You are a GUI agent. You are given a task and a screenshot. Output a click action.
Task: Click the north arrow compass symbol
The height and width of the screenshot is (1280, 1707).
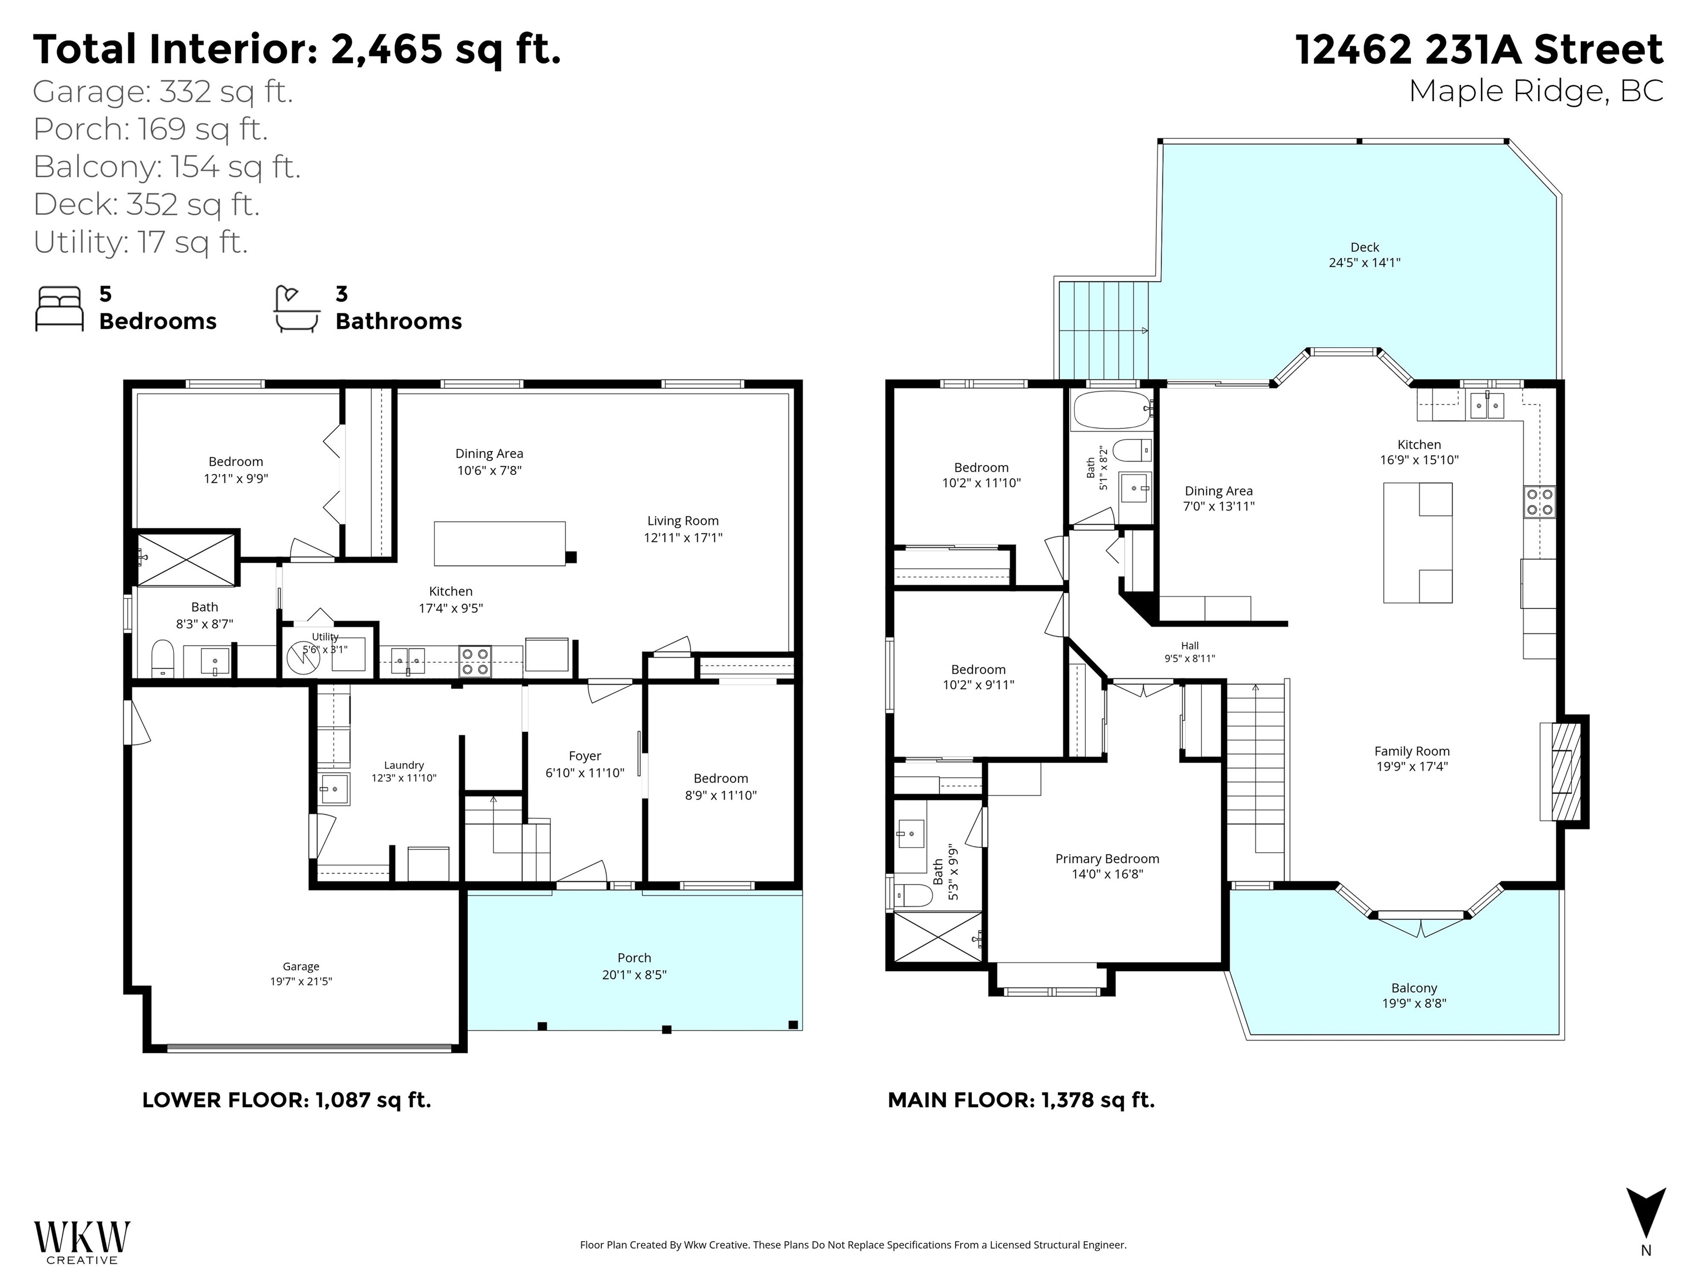click(1645, 1218)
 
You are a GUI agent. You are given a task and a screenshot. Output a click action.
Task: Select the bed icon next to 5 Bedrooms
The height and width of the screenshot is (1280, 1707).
click(59, 309)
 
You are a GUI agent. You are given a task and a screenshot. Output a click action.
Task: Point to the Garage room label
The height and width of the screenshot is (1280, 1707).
click(301, 966)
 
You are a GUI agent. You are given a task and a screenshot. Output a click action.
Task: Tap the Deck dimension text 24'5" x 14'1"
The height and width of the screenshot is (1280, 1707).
click(1364, 262)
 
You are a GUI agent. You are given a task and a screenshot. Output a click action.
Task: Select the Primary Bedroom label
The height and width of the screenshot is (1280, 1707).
click(1107, 859)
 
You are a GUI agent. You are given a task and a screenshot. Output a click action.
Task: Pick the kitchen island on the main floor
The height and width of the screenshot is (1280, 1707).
click(1417, 542)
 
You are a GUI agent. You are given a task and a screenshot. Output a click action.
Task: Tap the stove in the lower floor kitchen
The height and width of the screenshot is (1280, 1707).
click(475, 661)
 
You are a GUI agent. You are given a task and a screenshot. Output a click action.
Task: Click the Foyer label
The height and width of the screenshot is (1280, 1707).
click(585, 756)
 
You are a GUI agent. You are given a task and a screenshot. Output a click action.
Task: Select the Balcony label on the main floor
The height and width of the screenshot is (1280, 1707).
click(1415, 988)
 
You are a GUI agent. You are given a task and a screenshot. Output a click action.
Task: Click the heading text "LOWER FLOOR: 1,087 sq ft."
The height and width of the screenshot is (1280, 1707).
click(286, 1099)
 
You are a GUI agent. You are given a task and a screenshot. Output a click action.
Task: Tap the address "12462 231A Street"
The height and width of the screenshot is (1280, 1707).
click(1479, 49)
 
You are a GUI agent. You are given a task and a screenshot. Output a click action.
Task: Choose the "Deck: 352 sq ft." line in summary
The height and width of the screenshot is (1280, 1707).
click(147, 204)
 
